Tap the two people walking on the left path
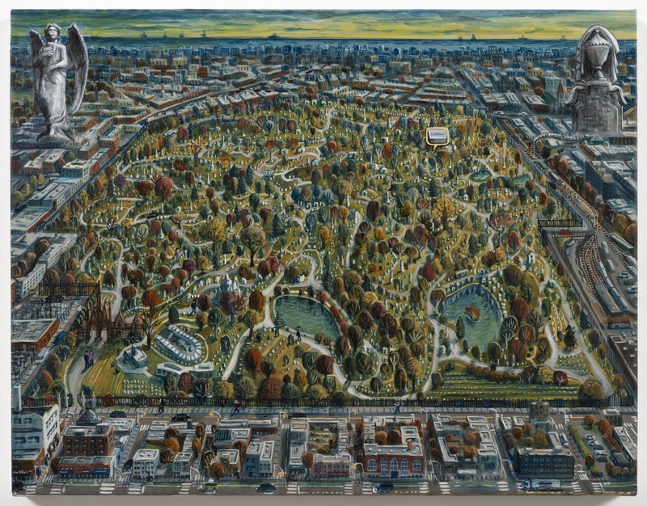pos(88,358)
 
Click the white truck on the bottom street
pos(543,484)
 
